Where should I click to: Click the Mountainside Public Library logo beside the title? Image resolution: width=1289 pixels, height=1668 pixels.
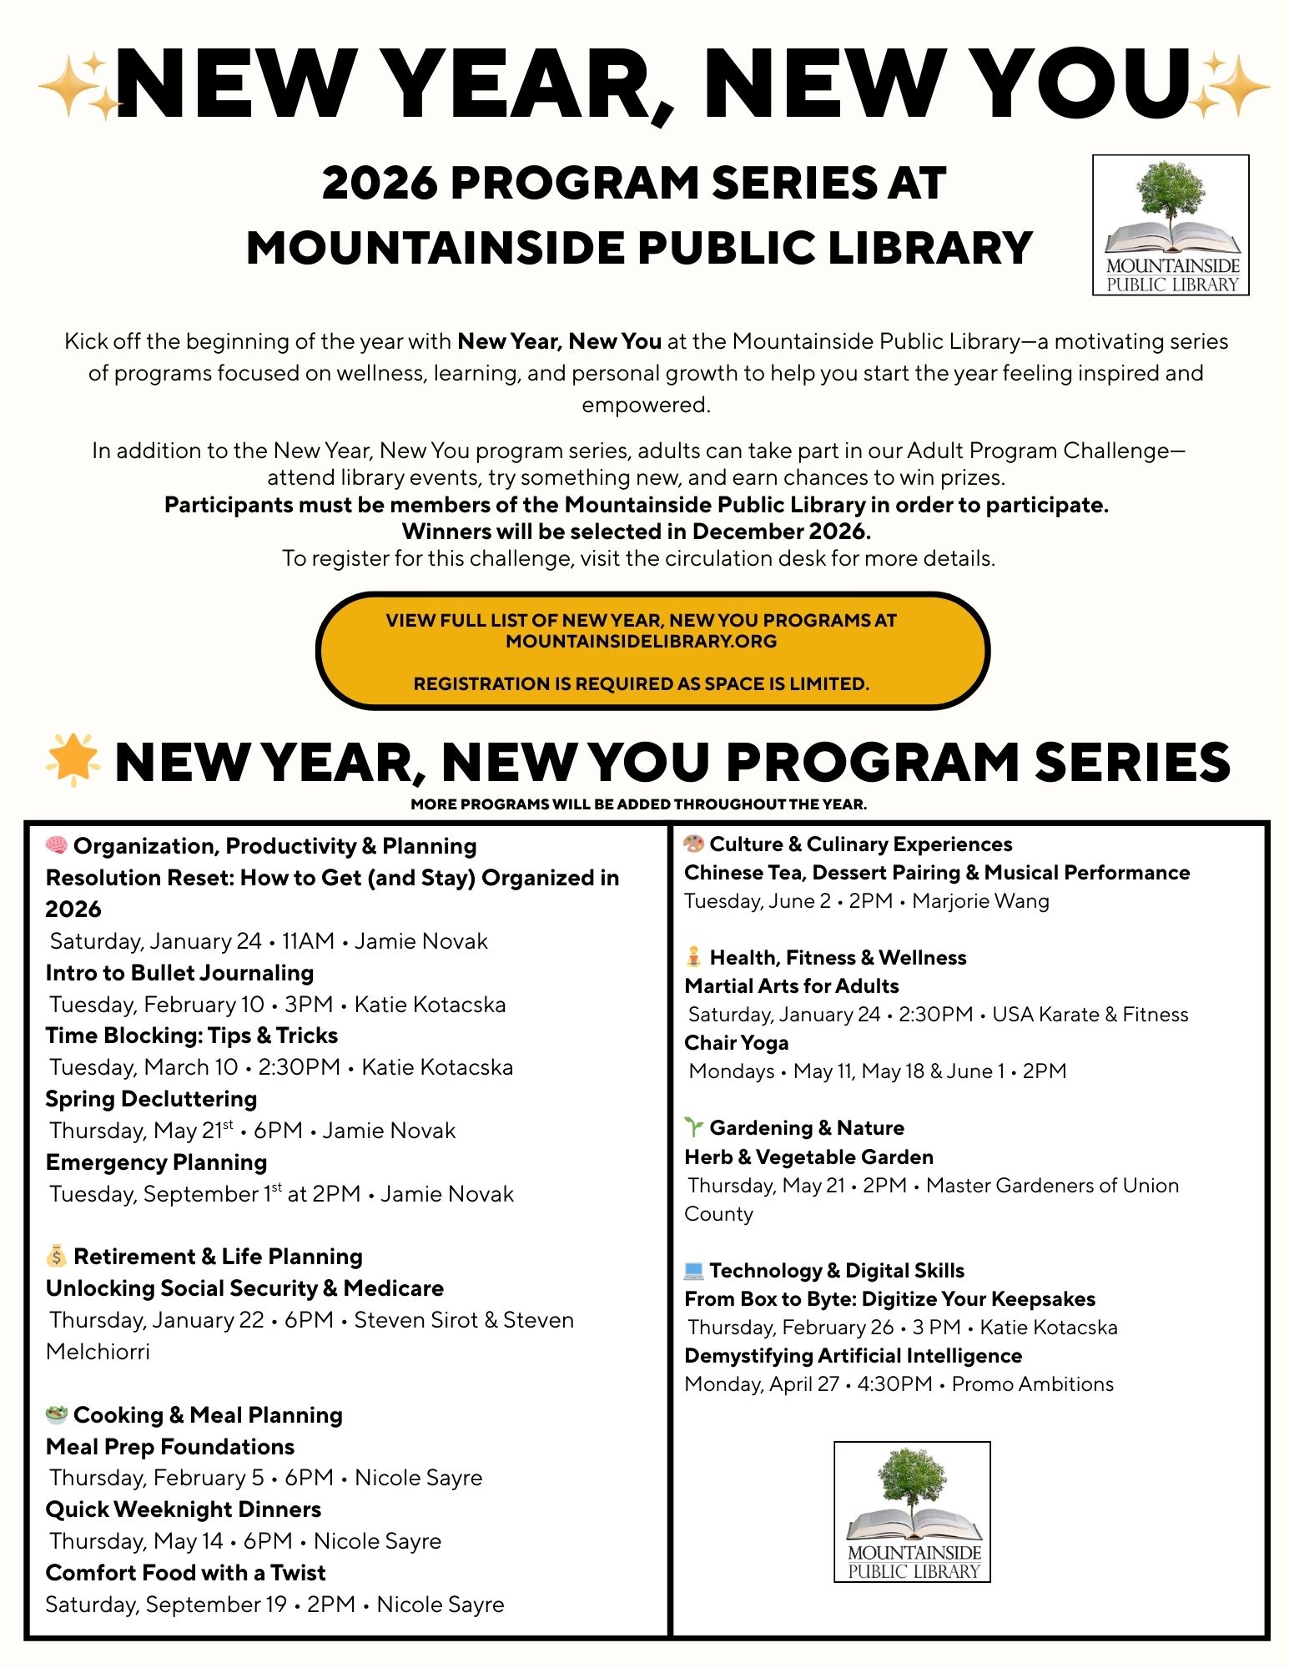pyautogui.click(x=1171, y=224)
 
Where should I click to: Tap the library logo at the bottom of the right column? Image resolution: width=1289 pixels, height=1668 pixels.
pyautogui.click(x=912, y=1511)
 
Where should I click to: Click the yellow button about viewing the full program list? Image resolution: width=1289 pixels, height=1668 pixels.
pyautogui.click(x=652, y=652)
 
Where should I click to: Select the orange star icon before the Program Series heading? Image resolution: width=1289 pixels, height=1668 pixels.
pyautogui.click(x=73, y=759)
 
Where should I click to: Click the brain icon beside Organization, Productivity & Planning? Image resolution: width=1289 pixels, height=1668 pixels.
pyautogui.click(x=57, y=845)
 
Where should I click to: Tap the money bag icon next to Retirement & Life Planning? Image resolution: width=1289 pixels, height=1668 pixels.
pyautogui.click(x=57, y=1256)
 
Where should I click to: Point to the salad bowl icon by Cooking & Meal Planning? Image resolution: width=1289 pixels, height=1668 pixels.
pyautogui.click(x=57, y=1414)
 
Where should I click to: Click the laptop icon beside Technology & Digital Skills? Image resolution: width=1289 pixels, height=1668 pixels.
pyautogui.click(x=693, y=1270)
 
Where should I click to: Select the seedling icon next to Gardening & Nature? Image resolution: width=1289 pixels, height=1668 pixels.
pyautogui.click(x=693, y=1127)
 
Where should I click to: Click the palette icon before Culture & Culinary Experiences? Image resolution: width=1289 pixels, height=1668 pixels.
pyautogui.click(x=693, y=844)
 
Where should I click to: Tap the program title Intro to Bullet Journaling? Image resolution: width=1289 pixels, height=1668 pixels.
pyautogui.click(x=179, y=973)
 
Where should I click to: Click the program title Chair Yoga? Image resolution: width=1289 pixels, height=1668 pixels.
pyautogui.click(x=736, y=1043)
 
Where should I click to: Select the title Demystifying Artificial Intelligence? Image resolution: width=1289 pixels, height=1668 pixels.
pyautogui.click(x=853, y=1355)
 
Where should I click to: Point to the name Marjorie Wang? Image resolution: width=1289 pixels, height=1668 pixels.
pyautogui.click(x=980, y=901)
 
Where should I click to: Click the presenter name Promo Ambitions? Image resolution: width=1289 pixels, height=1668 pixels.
pyautogui.click(x=1032, y=1384)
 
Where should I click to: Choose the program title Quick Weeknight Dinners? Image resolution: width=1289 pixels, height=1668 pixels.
pyautogui.click(x=184, y=1509)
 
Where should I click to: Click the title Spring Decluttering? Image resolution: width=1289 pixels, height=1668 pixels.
pyautogui.click(x=151, y=1099)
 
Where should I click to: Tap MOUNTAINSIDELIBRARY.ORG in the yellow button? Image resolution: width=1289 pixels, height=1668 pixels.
pyautogui.click(x=641, y=642)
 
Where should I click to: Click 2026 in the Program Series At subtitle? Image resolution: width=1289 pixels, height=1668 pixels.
pyautogui.click(x=380, y=183)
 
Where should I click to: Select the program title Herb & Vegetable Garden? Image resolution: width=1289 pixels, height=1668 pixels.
pyautogui.click(x=808, y=1157)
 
